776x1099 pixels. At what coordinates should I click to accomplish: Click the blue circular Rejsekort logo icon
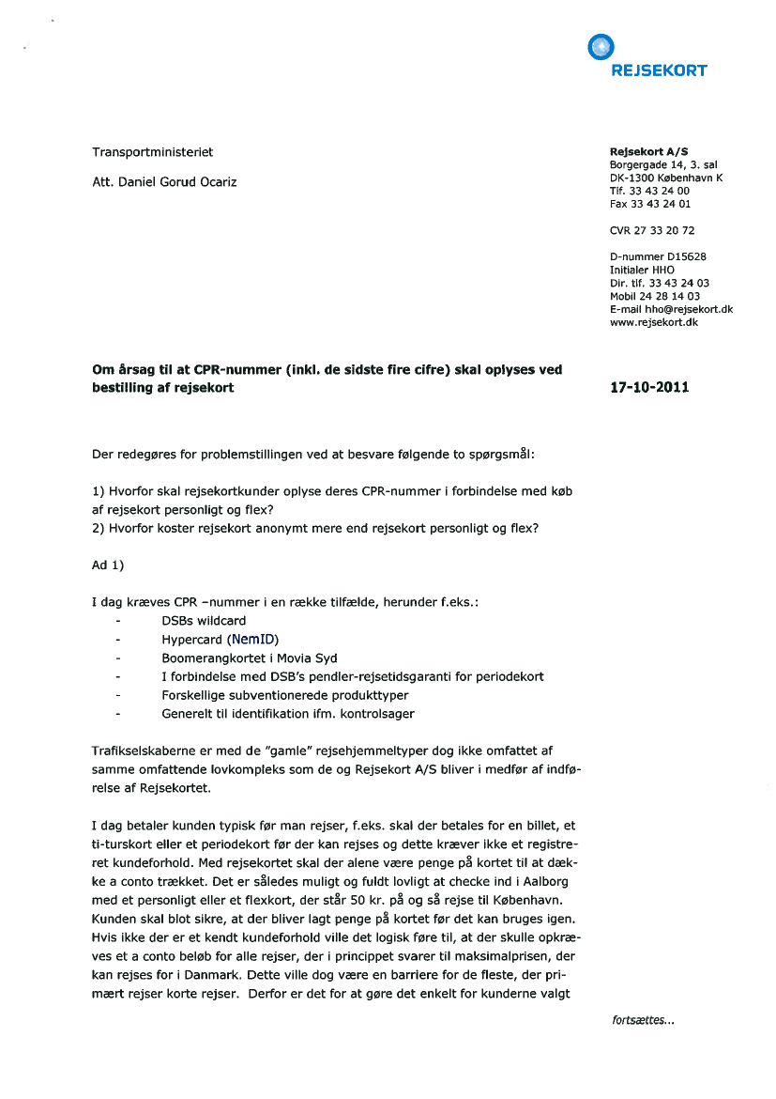click(600, 46)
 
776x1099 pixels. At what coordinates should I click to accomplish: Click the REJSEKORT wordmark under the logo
click(659, 70)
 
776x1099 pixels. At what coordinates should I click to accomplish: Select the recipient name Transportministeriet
click(152, 151)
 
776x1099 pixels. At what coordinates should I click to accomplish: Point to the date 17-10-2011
click(649, 387)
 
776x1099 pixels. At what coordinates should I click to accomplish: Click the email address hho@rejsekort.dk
click(688, 309)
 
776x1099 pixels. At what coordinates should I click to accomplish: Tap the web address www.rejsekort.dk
click(653, 322)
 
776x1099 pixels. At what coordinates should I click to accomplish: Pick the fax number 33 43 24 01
click(662, 204)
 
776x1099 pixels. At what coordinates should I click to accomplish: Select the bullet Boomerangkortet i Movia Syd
click(249, 658)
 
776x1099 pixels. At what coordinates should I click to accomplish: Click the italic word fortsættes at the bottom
click(642, 1021)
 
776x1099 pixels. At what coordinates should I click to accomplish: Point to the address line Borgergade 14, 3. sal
click(663, 164)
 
